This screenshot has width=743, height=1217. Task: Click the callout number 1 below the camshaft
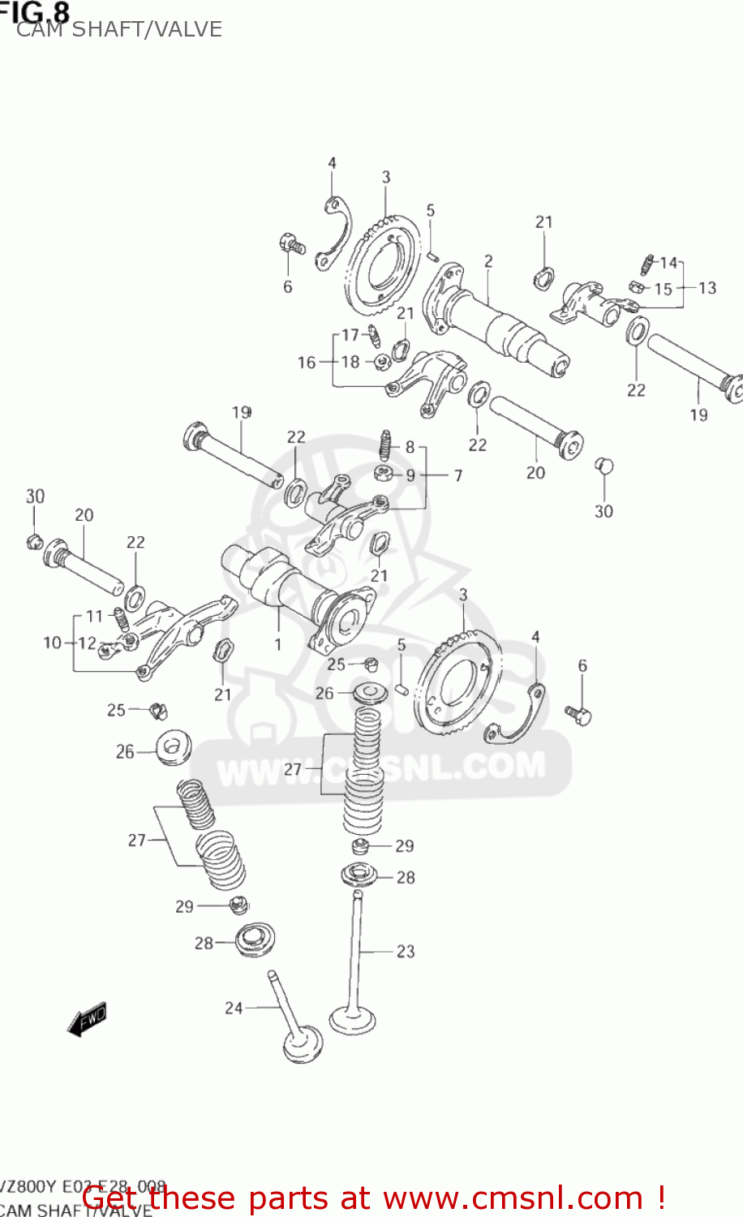tap(278, 645)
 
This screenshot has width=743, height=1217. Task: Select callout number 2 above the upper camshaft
tap(488, 261)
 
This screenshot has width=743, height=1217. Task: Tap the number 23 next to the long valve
tap(406, 951)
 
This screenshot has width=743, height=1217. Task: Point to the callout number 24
tap(234, 1008)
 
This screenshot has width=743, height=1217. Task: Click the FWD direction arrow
tap(87, 1019)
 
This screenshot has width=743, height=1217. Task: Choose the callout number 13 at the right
tap(707, 288)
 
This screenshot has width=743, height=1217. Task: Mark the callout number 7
tap(458, 475)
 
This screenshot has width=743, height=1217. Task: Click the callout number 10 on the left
tap(52, 643)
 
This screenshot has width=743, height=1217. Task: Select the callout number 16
tap(307, 362)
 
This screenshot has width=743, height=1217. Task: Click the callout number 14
tap(668, 262)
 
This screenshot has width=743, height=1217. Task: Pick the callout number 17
tap(350, 334)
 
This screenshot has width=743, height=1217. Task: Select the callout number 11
tap(94, 616)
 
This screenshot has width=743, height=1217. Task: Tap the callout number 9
tap(410, 475)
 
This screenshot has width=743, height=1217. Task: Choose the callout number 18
tap(350, 362)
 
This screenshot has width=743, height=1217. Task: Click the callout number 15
tap(663, 289)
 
